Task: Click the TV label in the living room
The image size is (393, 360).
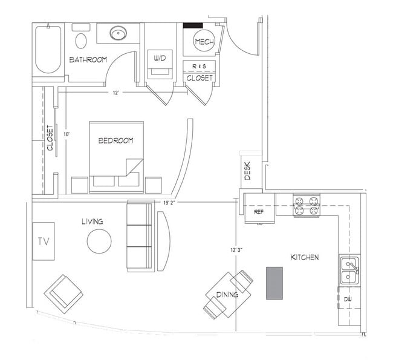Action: pos(43,241)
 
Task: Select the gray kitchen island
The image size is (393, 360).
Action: pos(274,283)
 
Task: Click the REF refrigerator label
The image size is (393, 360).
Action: pos(259,212)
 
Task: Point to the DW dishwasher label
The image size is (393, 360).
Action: pos(348,299)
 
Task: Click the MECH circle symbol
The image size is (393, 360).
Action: pos(202,42)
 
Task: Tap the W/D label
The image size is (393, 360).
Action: pos(160,58)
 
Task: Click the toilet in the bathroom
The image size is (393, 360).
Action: pos(81,39)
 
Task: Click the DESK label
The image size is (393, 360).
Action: pos(247,174)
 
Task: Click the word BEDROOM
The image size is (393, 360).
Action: pos(115,140)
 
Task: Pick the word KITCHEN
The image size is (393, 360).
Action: pos(305,257)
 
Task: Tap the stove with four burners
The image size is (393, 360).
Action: pos(307,206)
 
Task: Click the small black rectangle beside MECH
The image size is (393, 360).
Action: pos(193,25)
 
